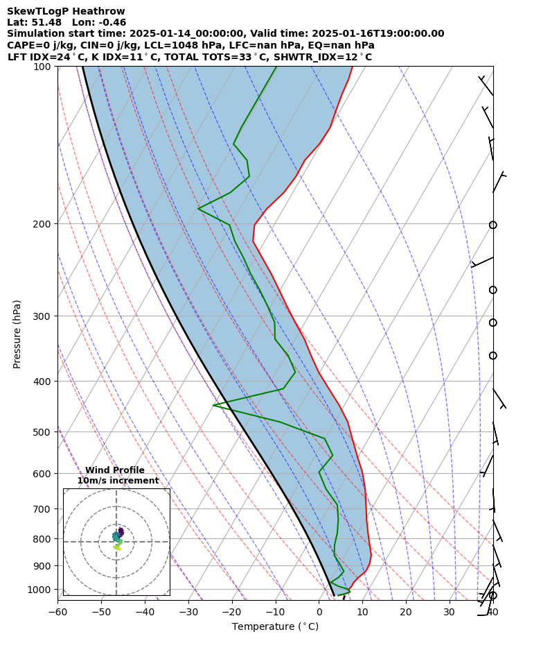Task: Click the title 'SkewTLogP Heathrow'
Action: point(66,11)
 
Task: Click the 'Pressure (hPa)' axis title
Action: point(17,334)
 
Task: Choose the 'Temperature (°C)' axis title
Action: point(275,627)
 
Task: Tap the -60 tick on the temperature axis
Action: point(57,612)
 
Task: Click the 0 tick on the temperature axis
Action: point(319,612)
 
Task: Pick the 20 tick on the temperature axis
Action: point(406,612)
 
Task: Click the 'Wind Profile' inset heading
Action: point(115,470)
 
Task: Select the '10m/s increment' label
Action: point(118,481)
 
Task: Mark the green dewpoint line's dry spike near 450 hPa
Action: point(214,405)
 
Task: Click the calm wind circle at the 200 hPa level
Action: point(493,225)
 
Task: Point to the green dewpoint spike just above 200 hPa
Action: point(199,208)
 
